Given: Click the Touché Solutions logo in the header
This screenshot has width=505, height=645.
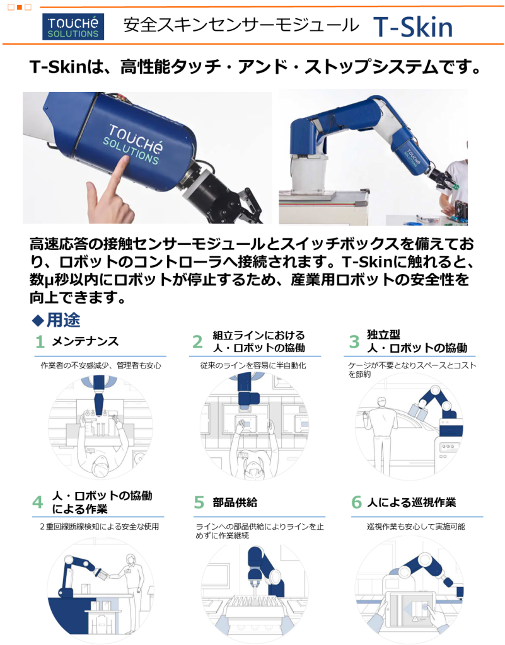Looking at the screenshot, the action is (x=73, y=26).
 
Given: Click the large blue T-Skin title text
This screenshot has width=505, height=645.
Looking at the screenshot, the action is (x=413, y=27).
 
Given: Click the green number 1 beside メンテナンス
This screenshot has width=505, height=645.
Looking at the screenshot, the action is (x=40, y=341).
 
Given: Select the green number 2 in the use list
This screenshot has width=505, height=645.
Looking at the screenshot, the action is (x=197, y=341).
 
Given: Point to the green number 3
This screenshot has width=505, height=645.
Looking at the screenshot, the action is (x=354, y=341).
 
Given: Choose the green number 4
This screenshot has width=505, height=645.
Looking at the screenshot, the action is (x=37, y=502).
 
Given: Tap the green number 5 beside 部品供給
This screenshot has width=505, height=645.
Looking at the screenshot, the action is (x=199, y=502).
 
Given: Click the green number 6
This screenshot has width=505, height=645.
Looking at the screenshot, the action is (x=356, y=502).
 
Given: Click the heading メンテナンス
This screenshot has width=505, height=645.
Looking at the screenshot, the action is (x=85, y=341).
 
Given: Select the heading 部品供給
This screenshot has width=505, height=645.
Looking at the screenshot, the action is (x=235, y=502).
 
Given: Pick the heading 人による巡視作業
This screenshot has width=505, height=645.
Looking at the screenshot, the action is (x=412, y=502).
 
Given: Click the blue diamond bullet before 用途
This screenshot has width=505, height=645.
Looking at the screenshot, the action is (x=38, y=321).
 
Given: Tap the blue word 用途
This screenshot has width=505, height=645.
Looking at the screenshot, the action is (x=64, y=320).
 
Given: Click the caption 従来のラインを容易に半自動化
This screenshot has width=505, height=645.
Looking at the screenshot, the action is (x=253, y=365).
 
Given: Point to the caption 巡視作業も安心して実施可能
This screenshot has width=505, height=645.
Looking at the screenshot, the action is (x=416, y=527).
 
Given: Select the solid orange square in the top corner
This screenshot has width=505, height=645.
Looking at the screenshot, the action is (x=20, y=7).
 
